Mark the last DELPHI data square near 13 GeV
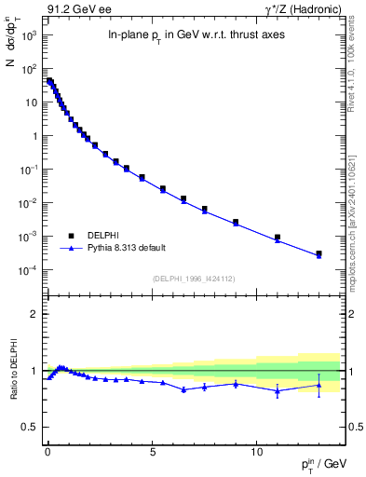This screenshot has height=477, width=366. point(319,253)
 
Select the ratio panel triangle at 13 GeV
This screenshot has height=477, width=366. point(319,385)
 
